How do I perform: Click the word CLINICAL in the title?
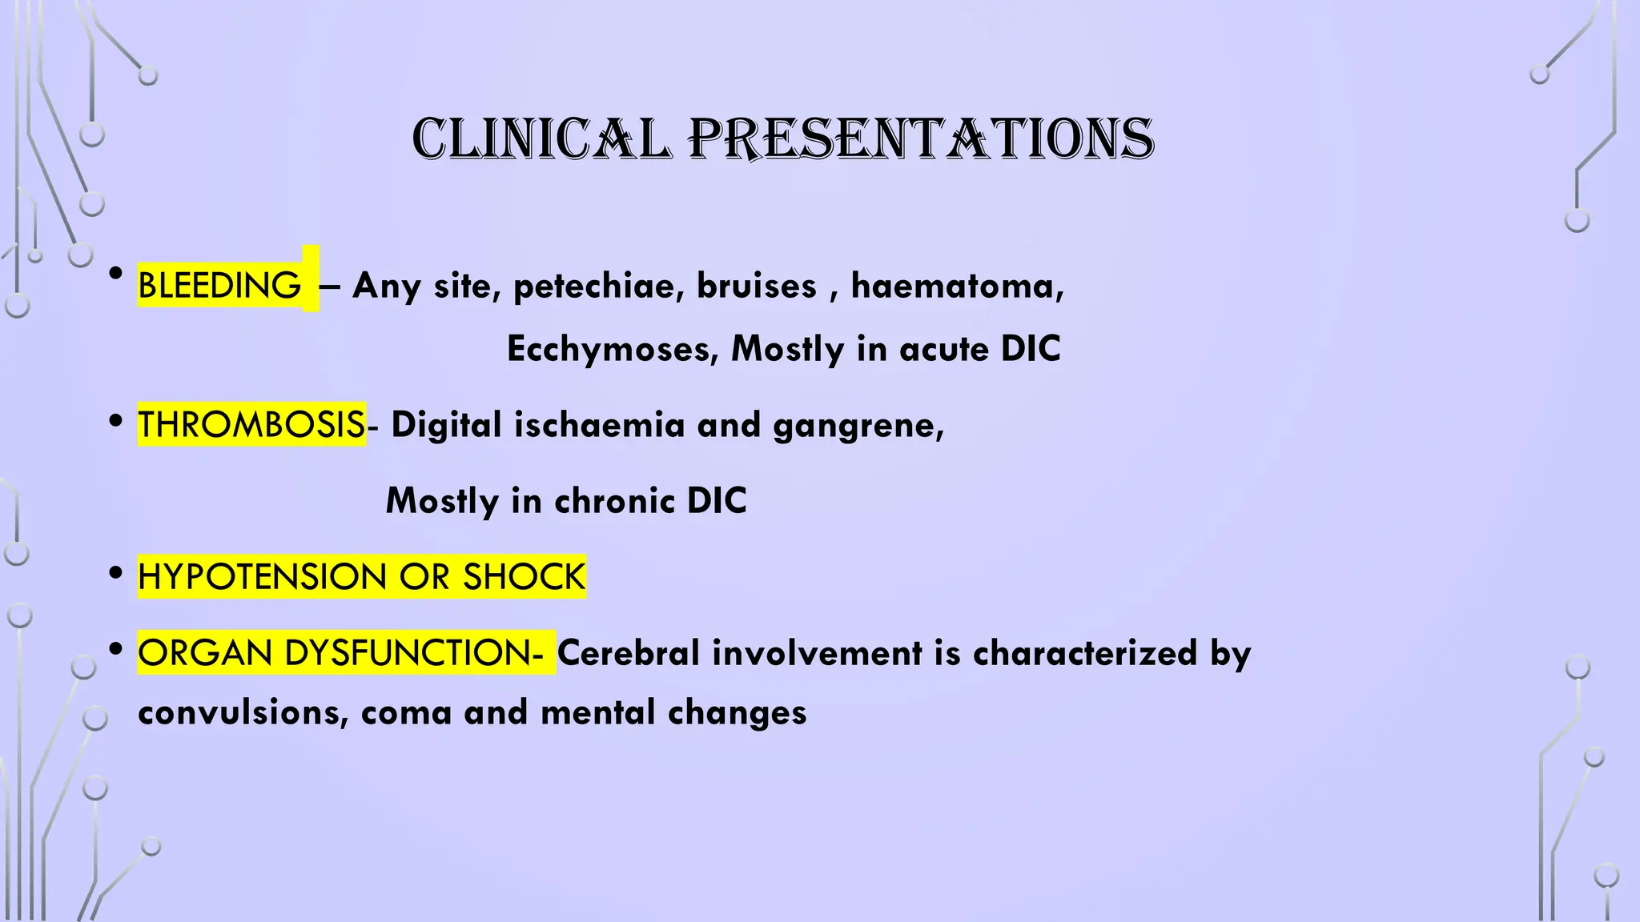(x=541, y=139)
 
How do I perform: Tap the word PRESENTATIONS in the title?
(x=921, y=139)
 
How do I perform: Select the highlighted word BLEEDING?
(x=219, y=286)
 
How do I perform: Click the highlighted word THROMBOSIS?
(x=251, y=424)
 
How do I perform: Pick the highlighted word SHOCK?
(x=524, y=576)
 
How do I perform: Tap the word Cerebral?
(x=629, y=652)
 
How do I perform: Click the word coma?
(x=406, y=712)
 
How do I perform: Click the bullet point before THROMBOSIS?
(x=116, y=421)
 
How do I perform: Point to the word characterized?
(x=1085, y=652)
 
